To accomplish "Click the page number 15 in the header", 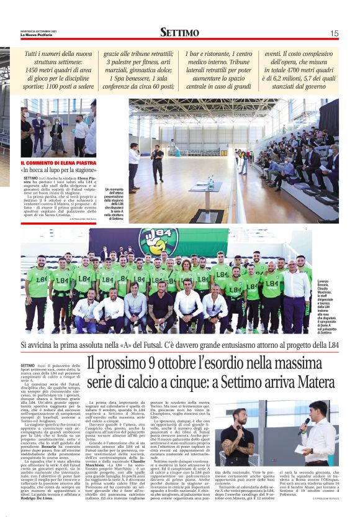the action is [334, 33].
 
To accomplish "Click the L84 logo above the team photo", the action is [148, 238].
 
